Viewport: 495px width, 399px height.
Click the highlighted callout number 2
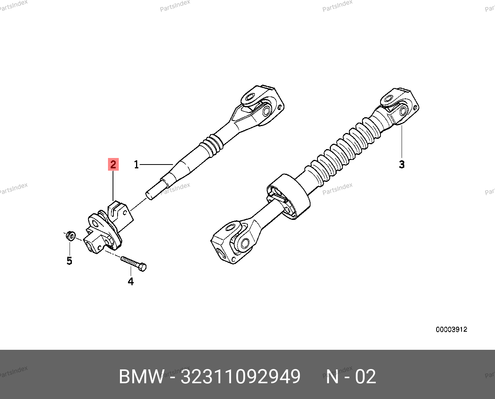113,164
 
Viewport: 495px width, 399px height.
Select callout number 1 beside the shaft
136,165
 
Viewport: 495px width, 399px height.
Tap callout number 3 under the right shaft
402,164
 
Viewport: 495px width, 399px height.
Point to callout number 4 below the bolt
131,281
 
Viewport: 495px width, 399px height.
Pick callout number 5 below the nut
69,261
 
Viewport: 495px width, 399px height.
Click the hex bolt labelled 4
134,264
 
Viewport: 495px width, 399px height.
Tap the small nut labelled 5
71,236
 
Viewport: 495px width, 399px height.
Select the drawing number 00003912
451,329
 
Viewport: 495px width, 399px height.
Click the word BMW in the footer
141,376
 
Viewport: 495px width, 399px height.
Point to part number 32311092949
240,376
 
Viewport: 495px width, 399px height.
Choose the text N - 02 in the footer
351,376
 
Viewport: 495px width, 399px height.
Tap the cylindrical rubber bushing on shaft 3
289,196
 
